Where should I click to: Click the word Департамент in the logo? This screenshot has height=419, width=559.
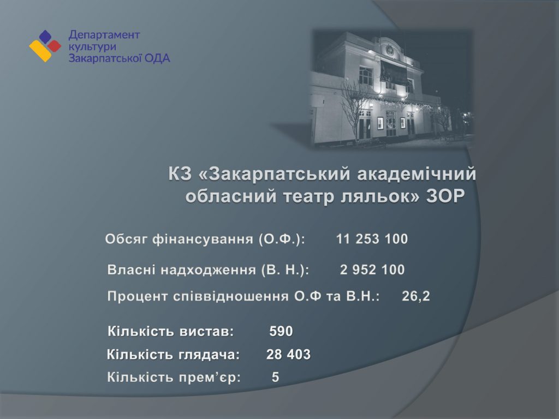click(x=104, y=35)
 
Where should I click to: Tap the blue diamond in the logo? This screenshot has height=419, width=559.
click(x=45, y=37)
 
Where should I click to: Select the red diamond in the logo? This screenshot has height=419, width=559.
click(x=54, y=46)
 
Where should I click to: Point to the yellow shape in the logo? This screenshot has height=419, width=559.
click(x=40, y=51)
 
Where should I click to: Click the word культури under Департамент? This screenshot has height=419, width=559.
click(x=92, y=47)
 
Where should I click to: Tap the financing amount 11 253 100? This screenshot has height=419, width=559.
click(x=372, y=239)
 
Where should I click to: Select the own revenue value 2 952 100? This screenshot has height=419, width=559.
click(x=372, y=270)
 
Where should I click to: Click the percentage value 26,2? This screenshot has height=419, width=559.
click(x=415, y=296)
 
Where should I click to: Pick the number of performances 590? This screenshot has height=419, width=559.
click(x=281, y=331)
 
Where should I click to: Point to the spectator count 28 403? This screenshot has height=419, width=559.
click(x=288, y=355)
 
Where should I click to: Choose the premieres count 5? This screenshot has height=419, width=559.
click(x=275, y=377)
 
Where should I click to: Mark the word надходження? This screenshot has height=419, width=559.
click(x=208, y=270)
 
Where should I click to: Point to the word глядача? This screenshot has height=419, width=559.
click(x=209, y=355)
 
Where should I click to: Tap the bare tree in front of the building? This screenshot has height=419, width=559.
click(x=355, y=107)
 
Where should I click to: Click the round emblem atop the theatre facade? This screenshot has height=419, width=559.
click(x=391, y=50)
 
